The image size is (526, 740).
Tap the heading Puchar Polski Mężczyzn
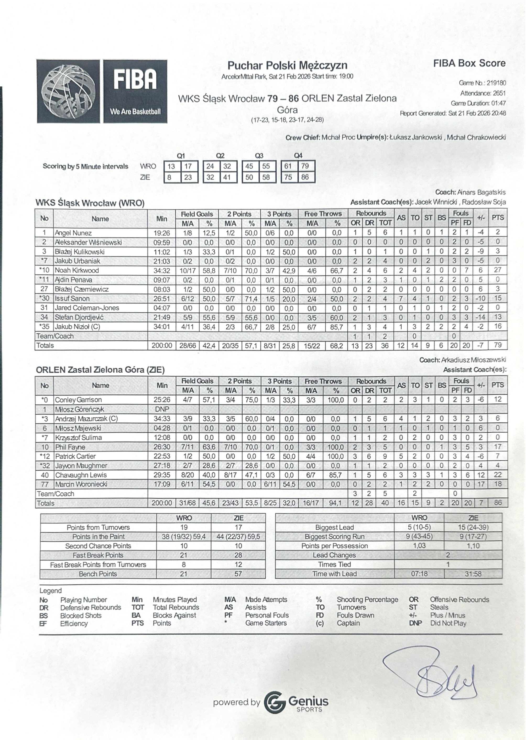(287, 66)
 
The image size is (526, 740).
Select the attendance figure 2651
(499, 93)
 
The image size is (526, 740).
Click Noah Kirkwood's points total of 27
(497, 270)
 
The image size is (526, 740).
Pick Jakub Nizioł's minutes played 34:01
(162, 327)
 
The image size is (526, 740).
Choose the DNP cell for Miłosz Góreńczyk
(162, 409)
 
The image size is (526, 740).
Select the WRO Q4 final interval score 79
(305, 166)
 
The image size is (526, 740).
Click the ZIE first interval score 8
(169, 177)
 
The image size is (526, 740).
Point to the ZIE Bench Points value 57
(238, 574)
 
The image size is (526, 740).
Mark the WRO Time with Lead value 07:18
(419, 574)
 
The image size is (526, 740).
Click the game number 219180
(496, 83)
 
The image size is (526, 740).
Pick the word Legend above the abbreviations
(51, 590)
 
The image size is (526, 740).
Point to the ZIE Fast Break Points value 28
(238, 555)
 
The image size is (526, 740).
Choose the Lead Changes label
(334, 555)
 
